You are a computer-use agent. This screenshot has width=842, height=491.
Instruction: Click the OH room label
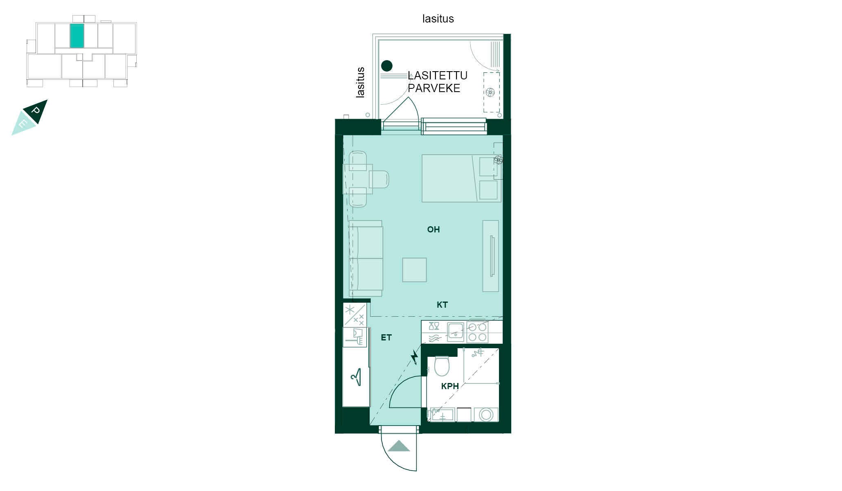tap(433, 230)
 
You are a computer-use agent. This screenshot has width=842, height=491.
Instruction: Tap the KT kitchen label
tap(442, 305)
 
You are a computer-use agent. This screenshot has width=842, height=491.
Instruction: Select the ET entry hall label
tap(386, 338)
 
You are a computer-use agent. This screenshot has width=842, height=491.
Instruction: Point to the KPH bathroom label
tap(450, 386)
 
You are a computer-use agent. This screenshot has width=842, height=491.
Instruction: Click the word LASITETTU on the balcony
tap(438, 76)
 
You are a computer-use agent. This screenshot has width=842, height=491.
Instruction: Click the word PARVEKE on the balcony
tap(434, 88)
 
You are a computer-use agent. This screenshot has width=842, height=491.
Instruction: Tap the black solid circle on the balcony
tap(387, 65)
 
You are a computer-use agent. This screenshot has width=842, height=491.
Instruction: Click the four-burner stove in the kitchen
tap(477, 332)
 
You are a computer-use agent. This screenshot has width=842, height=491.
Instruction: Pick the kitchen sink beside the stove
tap(455, 332)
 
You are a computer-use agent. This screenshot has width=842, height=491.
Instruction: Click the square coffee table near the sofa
tap(415, 270)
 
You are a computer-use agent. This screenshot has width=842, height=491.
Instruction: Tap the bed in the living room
tap(461, 178)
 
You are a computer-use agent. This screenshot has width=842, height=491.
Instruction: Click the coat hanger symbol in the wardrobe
tap(357, 377)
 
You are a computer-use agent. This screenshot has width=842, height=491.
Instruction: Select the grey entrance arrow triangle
tap(399, 446)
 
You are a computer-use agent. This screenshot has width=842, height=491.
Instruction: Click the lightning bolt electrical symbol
tap(415, 357)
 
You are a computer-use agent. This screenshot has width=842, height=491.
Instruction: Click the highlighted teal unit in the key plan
tap(77, 36)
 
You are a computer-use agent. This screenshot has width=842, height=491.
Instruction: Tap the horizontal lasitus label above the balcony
tap(438, 19)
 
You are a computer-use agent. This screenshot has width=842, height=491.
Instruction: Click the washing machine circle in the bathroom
tap(486, 415)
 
